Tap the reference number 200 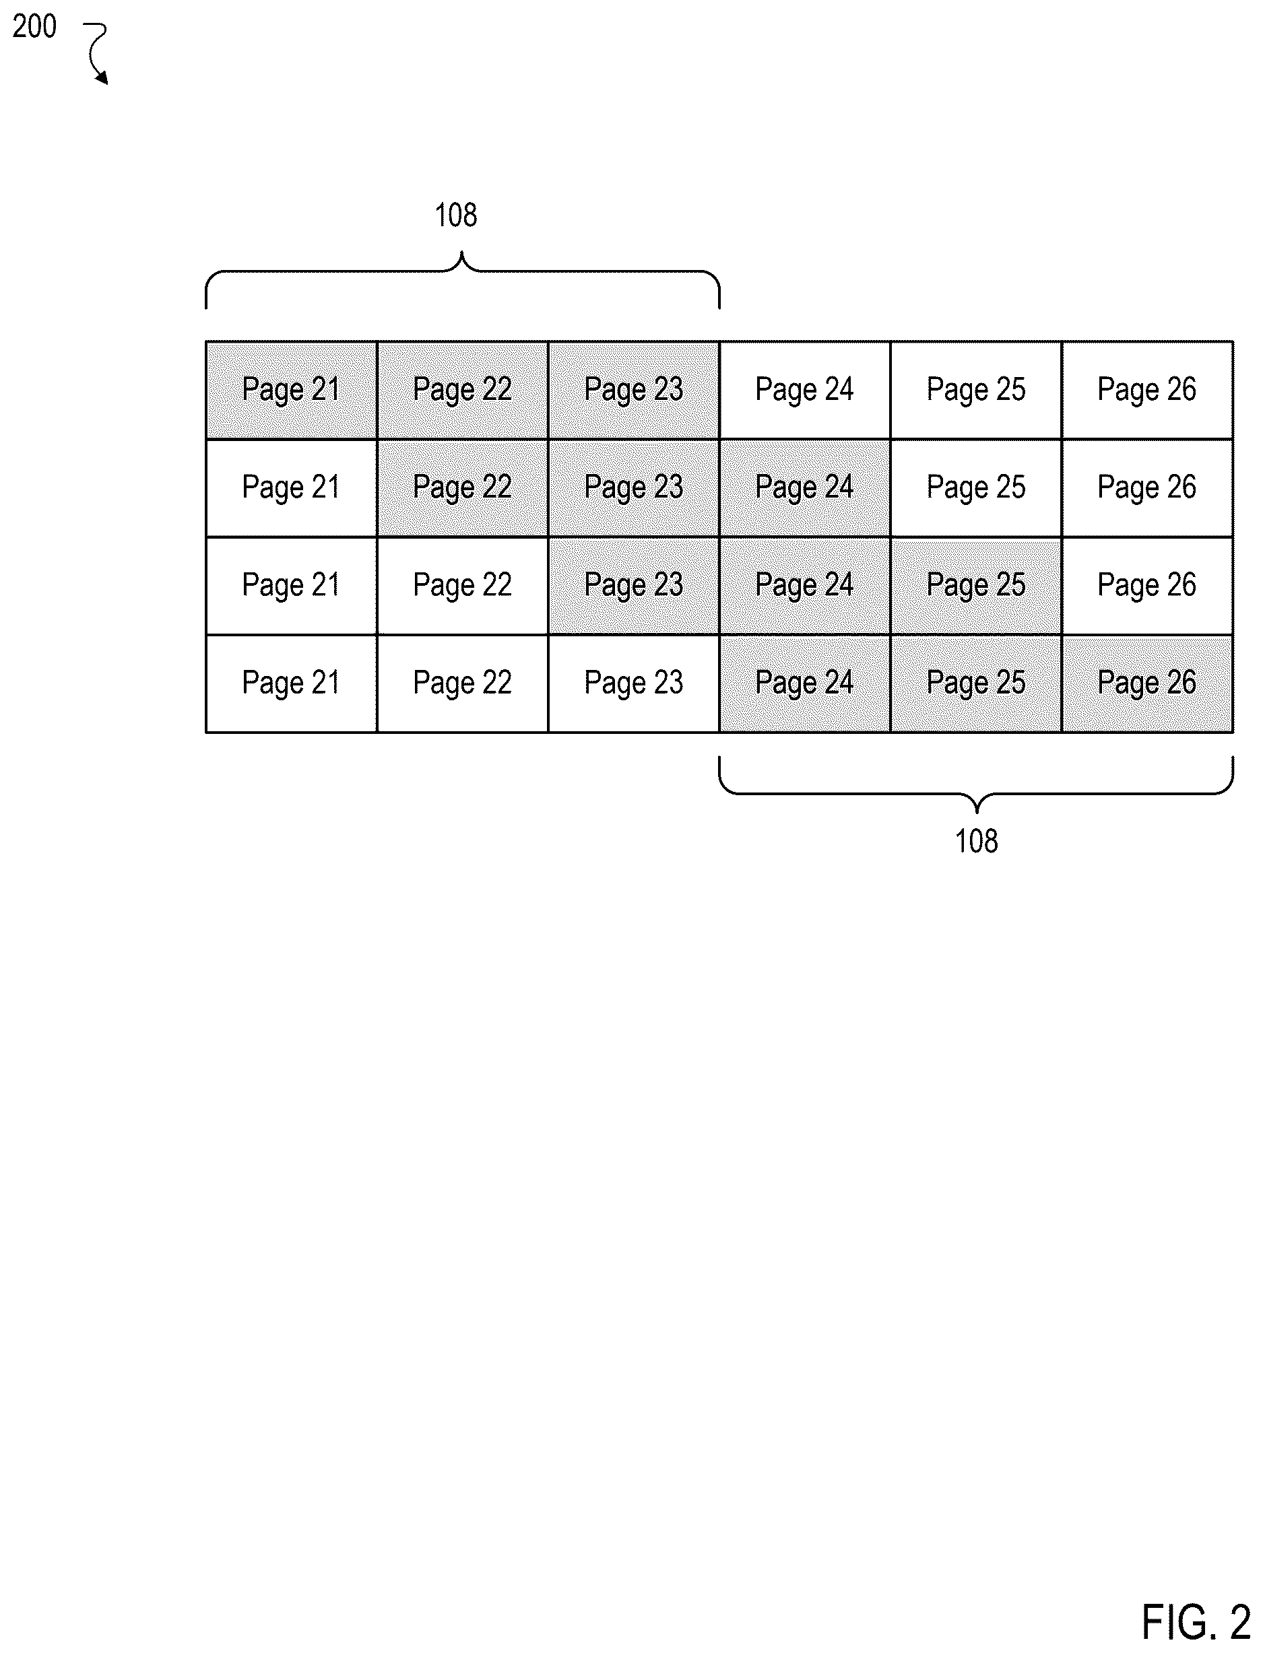pos(34,27)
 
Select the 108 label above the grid pos(455,215)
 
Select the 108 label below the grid pos(976,841)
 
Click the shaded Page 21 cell pos(292,390)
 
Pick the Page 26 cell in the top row pos(1147,390)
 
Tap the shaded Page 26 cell pos(1147,683)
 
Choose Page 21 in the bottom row pos(292,683)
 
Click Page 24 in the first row pos(805,390)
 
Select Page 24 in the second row pos(805,488)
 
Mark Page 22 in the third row pos(462,586)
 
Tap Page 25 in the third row pos(976,586)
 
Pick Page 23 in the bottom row pos(634,683)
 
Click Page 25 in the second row pos(976,488)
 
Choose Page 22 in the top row pos(462,390)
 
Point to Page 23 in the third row pos(634,586)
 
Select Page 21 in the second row pos(292,488)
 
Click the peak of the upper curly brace pos(461,254)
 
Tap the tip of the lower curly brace pos(977,813)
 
